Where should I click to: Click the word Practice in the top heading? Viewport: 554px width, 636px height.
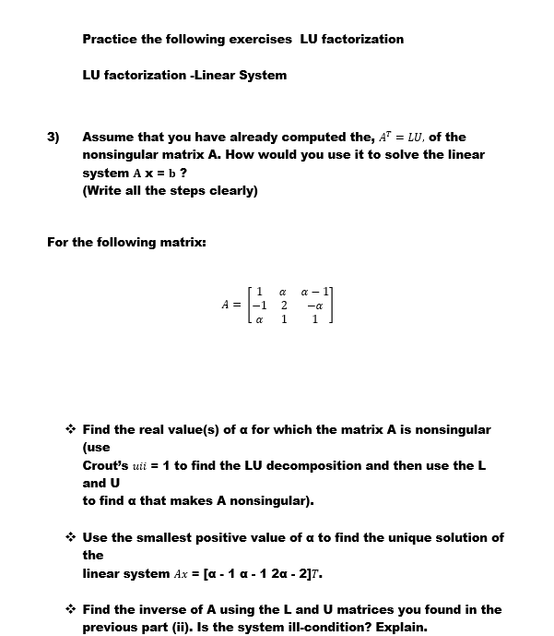click(x=110, y=39)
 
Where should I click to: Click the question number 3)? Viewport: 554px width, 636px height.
click(x=53, y=138)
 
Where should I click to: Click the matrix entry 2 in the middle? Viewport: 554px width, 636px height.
click(x=284, y=306)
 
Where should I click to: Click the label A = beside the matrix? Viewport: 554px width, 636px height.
click(x=230, y=306)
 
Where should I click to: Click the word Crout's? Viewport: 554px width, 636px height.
click(x=107, y=465)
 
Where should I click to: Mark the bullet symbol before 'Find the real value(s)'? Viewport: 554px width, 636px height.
click(x=70, y=429)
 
